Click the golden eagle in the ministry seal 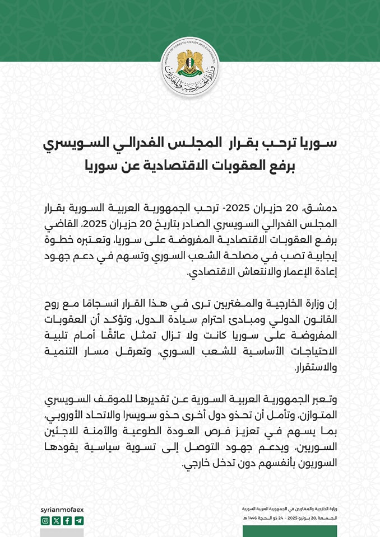pos(189,62)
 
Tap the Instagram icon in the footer pos(45,521)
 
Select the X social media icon pos(56,521)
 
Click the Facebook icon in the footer pos(67,521)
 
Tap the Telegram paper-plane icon pos(78,521)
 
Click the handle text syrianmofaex pos(62,510)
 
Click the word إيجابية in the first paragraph pos(321,258)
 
